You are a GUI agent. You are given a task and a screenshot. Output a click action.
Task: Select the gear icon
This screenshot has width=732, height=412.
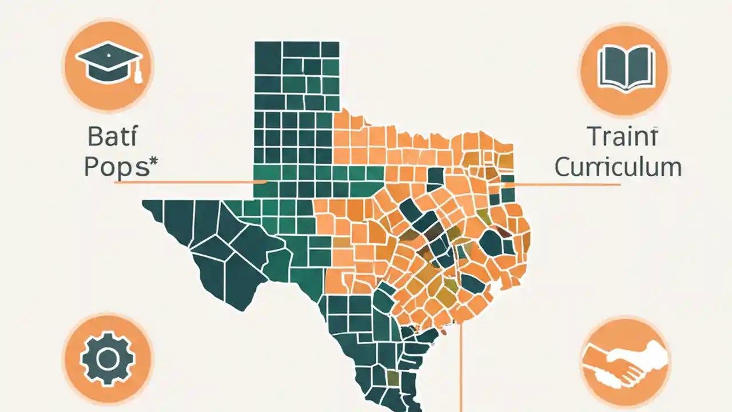tap(108, 359)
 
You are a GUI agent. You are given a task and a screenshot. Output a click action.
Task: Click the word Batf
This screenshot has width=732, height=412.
tap(113, 138)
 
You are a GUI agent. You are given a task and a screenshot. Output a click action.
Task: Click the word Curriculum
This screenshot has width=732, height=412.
tap(618, 167)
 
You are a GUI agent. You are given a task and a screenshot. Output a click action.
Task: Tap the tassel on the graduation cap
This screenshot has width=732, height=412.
tap(138, 74)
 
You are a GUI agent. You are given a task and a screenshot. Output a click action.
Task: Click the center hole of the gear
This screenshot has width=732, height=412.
tap(108, 359)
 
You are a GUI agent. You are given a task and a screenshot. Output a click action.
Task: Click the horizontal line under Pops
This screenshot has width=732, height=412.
tap(189, 182)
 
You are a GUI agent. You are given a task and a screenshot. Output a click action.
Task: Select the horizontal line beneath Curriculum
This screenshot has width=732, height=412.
tap(566, 184)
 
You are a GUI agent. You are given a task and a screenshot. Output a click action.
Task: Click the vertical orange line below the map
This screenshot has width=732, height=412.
tap(461, 372)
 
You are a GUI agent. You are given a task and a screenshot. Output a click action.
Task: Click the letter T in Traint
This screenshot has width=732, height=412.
tap(594, 138)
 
